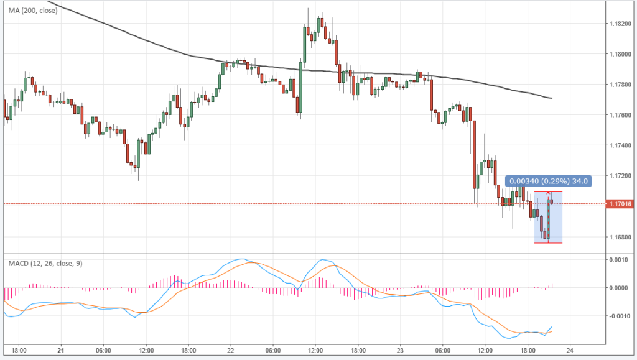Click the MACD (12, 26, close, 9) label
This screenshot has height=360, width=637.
(45, 264)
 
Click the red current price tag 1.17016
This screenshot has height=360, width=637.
(619, 204)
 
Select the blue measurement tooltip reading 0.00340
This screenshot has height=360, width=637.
(547, 181)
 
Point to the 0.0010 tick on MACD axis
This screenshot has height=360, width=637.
(618, 259)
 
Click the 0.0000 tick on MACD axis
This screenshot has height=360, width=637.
(618, 288)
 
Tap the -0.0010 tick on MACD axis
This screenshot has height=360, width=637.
(617, 316)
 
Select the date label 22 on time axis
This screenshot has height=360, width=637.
(231, 349)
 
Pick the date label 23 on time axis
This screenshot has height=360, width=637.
(400, 349)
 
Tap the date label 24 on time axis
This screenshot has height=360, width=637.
(569, 349)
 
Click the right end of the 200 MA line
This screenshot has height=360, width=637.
(552, 98)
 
